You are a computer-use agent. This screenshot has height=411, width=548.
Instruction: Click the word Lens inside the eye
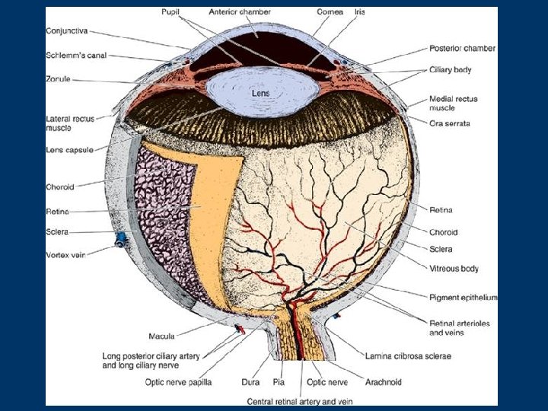click(261, 94)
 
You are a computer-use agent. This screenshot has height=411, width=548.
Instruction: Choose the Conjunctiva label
click(67, 30)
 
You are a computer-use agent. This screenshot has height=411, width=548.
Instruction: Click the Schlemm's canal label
click(73, 56)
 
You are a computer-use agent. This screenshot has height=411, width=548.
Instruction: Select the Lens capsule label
click(69, 151)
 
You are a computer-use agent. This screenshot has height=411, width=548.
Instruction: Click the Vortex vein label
click(66, 256)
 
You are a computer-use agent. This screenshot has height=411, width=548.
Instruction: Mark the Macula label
click(161, 336)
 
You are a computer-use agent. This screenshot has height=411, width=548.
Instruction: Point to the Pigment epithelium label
click(464, 298)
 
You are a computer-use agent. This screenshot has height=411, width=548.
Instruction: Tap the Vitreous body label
click(455, 269)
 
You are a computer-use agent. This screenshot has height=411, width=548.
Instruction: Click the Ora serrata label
click(448, 123)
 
